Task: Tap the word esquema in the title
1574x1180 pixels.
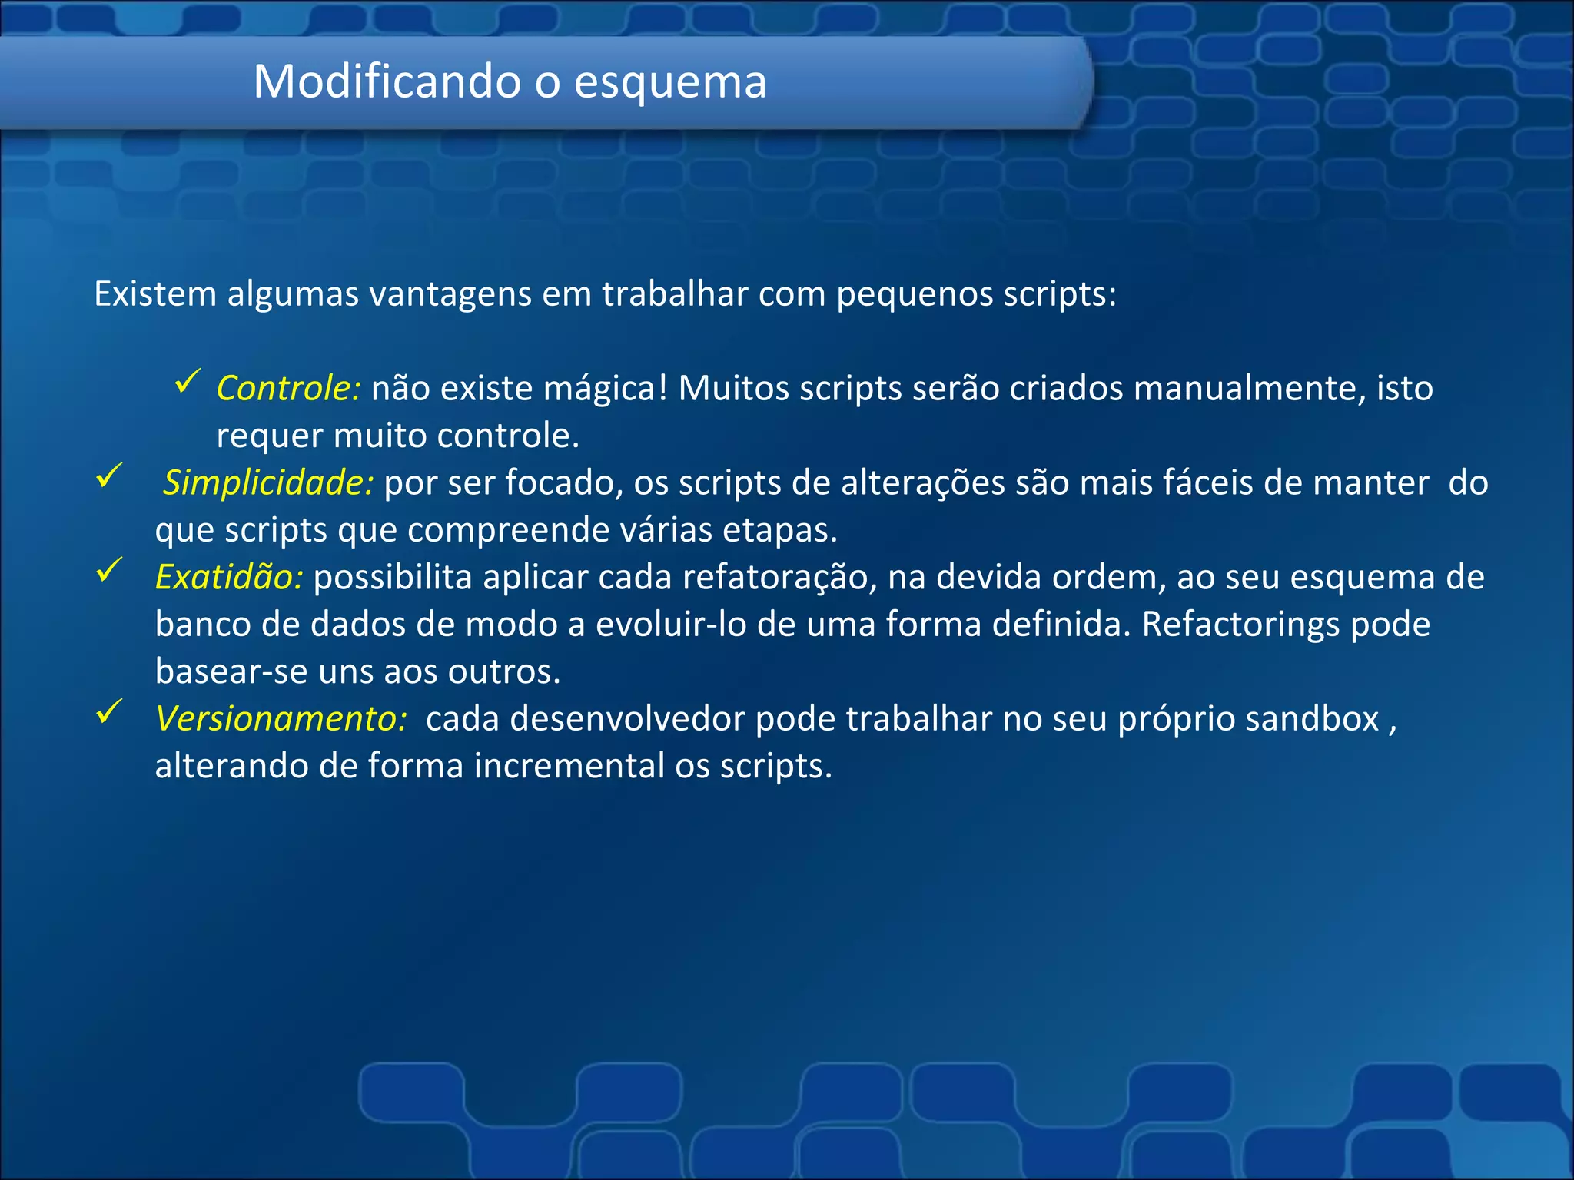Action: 670,82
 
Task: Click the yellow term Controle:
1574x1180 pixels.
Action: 288,388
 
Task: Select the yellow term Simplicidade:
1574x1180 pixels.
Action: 268,482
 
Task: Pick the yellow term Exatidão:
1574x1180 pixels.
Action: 229,577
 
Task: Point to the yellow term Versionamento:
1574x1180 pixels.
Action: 281,719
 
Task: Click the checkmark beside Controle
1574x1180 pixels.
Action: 188,380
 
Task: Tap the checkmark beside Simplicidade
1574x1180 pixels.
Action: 109,475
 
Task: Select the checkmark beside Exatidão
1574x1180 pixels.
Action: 109,569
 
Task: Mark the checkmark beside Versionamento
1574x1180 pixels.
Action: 109,711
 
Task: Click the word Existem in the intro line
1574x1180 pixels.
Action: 154,294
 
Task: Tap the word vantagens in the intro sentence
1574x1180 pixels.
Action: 450,294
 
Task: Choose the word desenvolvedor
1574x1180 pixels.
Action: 626,719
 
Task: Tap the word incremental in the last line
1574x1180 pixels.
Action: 569,766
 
